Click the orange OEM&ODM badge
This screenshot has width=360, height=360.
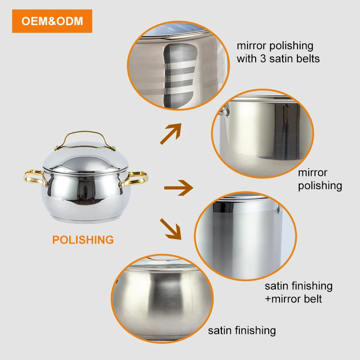(x=52, y=21)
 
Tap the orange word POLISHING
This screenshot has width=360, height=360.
(x=83, y=240)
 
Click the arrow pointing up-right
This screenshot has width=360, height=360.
(x=171, y=134)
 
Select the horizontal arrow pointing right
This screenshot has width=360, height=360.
(x=179, y=188)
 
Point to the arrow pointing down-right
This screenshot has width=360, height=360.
(x=171, y=229)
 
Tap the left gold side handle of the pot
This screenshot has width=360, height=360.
(x=35, y=178)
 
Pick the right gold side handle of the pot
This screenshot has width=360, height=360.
(x=135, y=179)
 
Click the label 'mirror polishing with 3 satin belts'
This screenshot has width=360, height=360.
(x=278, y=52)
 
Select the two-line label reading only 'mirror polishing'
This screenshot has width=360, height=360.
(x=320, y=179)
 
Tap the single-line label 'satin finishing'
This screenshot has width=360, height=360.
(x=242, y=331)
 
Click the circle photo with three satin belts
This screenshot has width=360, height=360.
(x=178, y=65)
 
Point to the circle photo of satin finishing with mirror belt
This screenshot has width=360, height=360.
(x=245, y=236)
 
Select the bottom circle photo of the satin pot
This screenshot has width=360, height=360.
(x=162, y=298)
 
